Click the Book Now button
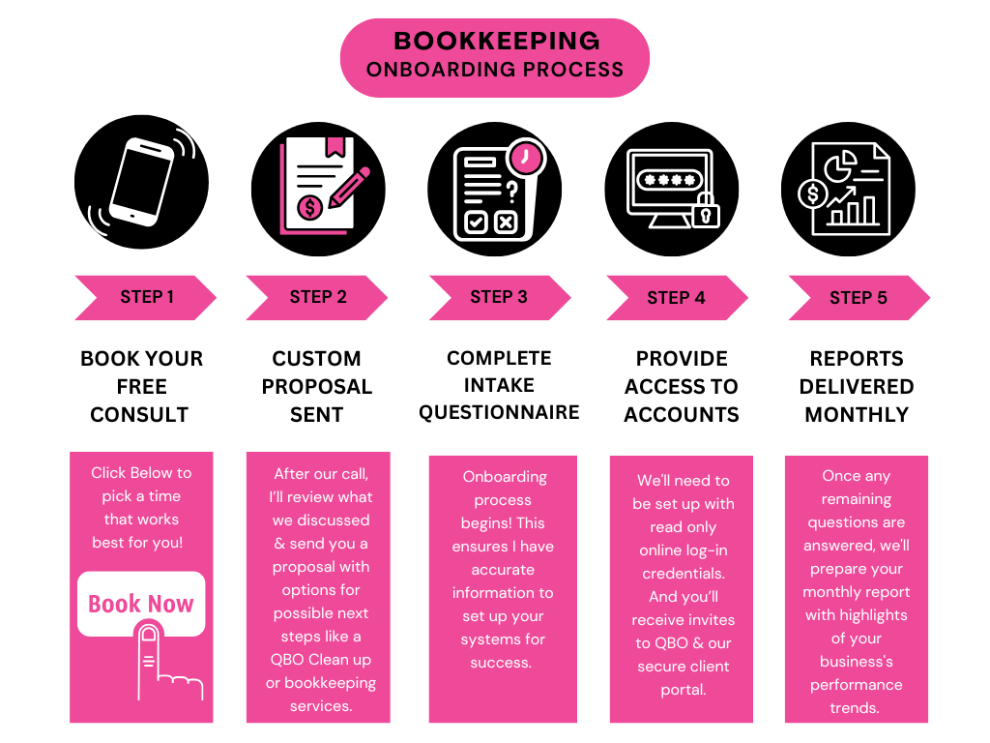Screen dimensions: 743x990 pos(141,604)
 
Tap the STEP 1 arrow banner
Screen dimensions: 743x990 pos(145,297)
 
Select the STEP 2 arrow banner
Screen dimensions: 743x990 pos(317,297)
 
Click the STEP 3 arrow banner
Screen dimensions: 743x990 pos(499,297)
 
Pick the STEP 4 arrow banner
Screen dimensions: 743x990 pos(676,297)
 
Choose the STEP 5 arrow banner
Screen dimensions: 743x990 pos(858,297)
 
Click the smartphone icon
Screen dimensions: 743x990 pos(141,182)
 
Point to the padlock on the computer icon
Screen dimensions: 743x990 pos(706,210)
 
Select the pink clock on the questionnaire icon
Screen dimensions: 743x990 pos(526,156)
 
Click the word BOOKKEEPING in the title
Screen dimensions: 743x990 pos(497,41)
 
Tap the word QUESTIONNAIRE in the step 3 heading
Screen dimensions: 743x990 pos(499,412)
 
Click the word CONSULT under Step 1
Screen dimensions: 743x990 pos(139,414)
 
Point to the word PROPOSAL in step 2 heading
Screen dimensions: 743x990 pos(316,386)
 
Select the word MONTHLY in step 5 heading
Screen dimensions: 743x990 pos(857,414)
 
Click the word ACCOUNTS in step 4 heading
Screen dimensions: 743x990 pos(681,414)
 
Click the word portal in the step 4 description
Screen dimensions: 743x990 pos(683,690)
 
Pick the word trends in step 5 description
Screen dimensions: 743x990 pos(856,707)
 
